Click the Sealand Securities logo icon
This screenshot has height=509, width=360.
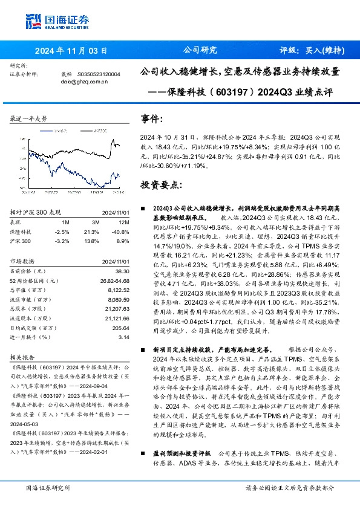click(x=34, y=22)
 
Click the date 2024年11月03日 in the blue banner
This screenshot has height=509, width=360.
click(x=71, y=51)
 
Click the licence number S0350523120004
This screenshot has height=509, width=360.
click(x=99, y=74)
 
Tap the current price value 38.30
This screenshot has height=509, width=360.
click(x=122, y=272)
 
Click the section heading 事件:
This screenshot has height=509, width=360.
click(x=151, y=119)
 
